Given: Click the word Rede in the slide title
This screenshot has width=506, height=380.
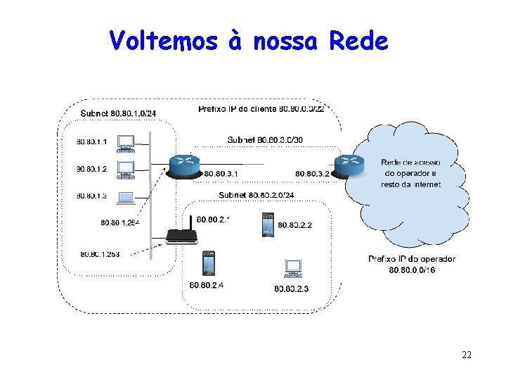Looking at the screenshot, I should pos(358,41).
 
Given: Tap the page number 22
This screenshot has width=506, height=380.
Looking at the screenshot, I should pos(467,355).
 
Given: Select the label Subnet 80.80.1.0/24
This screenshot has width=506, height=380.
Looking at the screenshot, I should pos(118,113).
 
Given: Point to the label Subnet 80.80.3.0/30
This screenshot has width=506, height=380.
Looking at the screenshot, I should pos(266,140).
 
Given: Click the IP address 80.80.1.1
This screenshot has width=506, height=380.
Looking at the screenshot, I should pos(92,142).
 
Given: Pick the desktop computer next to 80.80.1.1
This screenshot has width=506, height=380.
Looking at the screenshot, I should pos(126,143).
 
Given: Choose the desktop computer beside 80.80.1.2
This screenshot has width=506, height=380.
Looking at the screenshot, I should pos(126,170).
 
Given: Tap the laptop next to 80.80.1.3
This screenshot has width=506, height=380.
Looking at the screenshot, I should pos(126,197).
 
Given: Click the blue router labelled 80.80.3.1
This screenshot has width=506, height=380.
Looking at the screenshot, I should pos(185,165).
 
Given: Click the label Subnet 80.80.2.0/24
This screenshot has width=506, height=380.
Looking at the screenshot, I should pos(256,195).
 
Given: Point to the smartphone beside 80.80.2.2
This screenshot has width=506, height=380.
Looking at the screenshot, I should pos(267,224).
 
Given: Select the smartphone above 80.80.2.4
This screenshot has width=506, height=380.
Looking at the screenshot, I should pos(209,263).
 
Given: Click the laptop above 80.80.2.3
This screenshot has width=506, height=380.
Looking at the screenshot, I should pos(293,269).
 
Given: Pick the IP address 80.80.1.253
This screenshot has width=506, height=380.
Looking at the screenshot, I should pos(100,253).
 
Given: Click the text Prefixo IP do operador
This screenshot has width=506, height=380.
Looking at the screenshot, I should pos(412,259).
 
